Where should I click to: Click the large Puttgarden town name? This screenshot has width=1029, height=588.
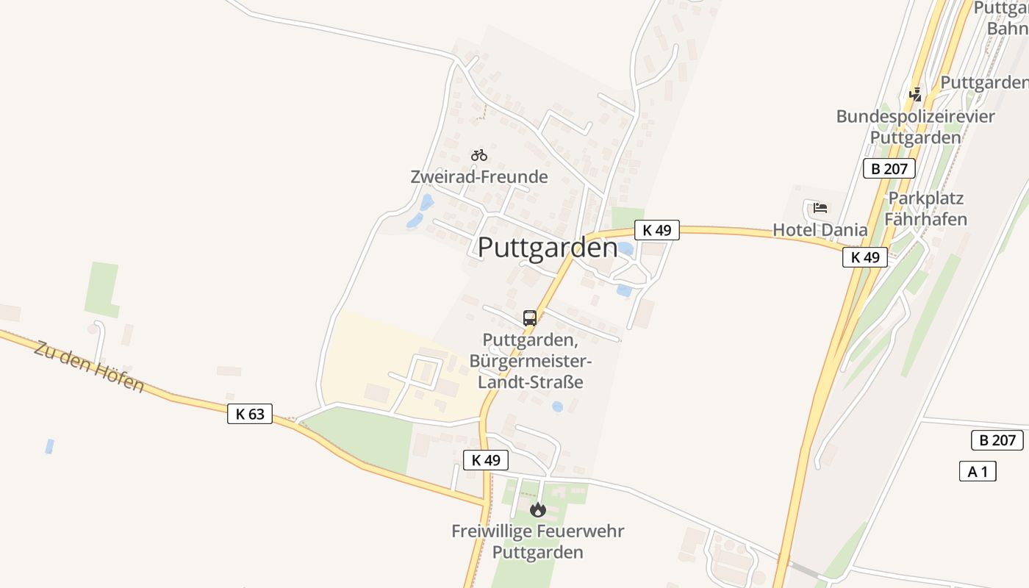coord(548,248)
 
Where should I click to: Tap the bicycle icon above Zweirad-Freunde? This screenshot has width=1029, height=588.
coord(479,155)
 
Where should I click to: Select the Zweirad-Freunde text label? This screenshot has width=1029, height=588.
coord(479,177)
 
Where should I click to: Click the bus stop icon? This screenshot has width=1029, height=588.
coord(530,318)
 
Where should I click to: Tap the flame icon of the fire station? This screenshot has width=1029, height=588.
coord(538,509)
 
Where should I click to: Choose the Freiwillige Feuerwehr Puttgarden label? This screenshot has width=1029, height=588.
coord(538,541)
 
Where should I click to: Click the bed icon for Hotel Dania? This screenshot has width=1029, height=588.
coord(820,208)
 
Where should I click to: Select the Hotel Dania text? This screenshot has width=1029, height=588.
coord(820,230)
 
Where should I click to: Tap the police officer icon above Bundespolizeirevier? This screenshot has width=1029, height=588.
coord(915,94)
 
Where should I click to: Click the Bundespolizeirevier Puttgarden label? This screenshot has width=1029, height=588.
coord(916,127)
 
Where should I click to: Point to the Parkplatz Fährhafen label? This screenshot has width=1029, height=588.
coord(925,209)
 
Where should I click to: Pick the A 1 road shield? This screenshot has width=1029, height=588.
coord(978,471)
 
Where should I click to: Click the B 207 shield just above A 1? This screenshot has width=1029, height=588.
coord(997,440)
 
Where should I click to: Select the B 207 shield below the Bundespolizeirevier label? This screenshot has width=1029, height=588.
coord(889,168)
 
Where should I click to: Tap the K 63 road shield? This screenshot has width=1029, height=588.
coord(250,414)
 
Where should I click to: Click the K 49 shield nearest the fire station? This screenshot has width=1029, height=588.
coord(486,460)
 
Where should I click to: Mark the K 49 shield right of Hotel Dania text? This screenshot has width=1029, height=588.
coord(865,257)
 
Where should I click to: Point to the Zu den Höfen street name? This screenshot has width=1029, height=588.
coord(89,366)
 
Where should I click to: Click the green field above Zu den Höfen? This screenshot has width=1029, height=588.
coord(102,288)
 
